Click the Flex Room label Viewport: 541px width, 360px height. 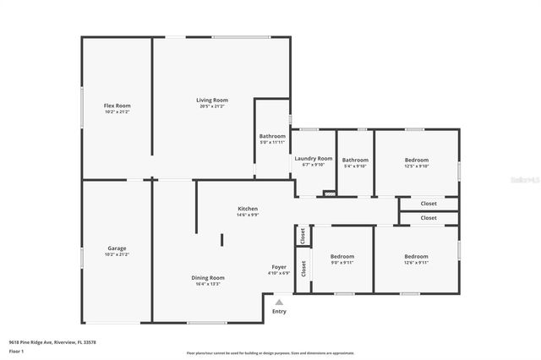tap(117, 105)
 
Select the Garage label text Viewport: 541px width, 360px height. tap(117, 248)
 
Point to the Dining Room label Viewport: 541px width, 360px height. tap(207, 277)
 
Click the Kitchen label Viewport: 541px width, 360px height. tap(248, 209)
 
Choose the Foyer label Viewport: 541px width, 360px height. tap(279, 267)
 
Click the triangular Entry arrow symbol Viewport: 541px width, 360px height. tap(279, 302)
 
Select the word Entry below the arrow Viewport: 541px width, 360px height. tap(279, 311)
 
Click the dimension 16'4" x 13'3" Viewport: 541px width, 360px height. tap(207, 284)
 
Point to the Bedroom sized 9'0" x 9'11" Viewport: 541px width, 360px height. tap(342, 256)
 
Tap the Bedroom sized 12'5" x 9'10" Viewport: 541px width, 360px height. tap(417, 160)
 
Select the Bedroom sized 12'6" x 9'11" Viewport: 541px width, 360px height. tap(417, 256)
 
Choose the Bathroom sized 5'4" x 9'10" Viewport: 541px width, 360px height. tap(355, 160)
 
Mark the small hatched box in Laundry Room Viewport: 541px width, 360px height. tap(330, 194)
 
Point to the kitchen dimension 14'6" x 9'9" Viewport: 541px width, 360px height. tap(248, 215)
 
